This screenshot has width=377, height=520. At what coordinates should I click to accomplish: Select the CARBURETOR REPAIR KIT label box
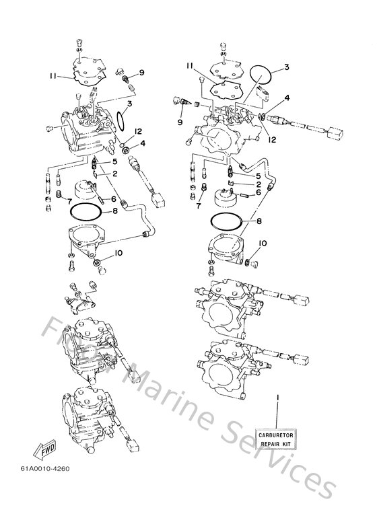pyautogui.click(x=275, y=441)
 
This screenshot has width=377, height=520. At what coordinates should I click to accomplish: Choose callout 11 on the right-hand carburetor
pyautogui.click(x=191, y=66)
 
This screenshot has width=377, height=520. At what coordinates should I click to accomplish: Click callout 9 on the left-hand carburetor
pyautogui.click(x=142, y=72)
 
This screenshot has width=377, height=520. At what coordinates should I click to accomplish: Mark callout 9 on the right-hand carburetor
pyautogui.click(x=180, y=122)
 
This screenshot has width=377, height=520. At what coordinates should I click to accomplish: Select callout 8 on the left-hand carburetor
pyautogui.click(x=115, y=211)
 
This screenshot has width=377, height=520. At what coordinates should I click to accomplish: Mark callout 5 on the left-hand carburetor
pyautogui.click(x=114, y=162)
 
